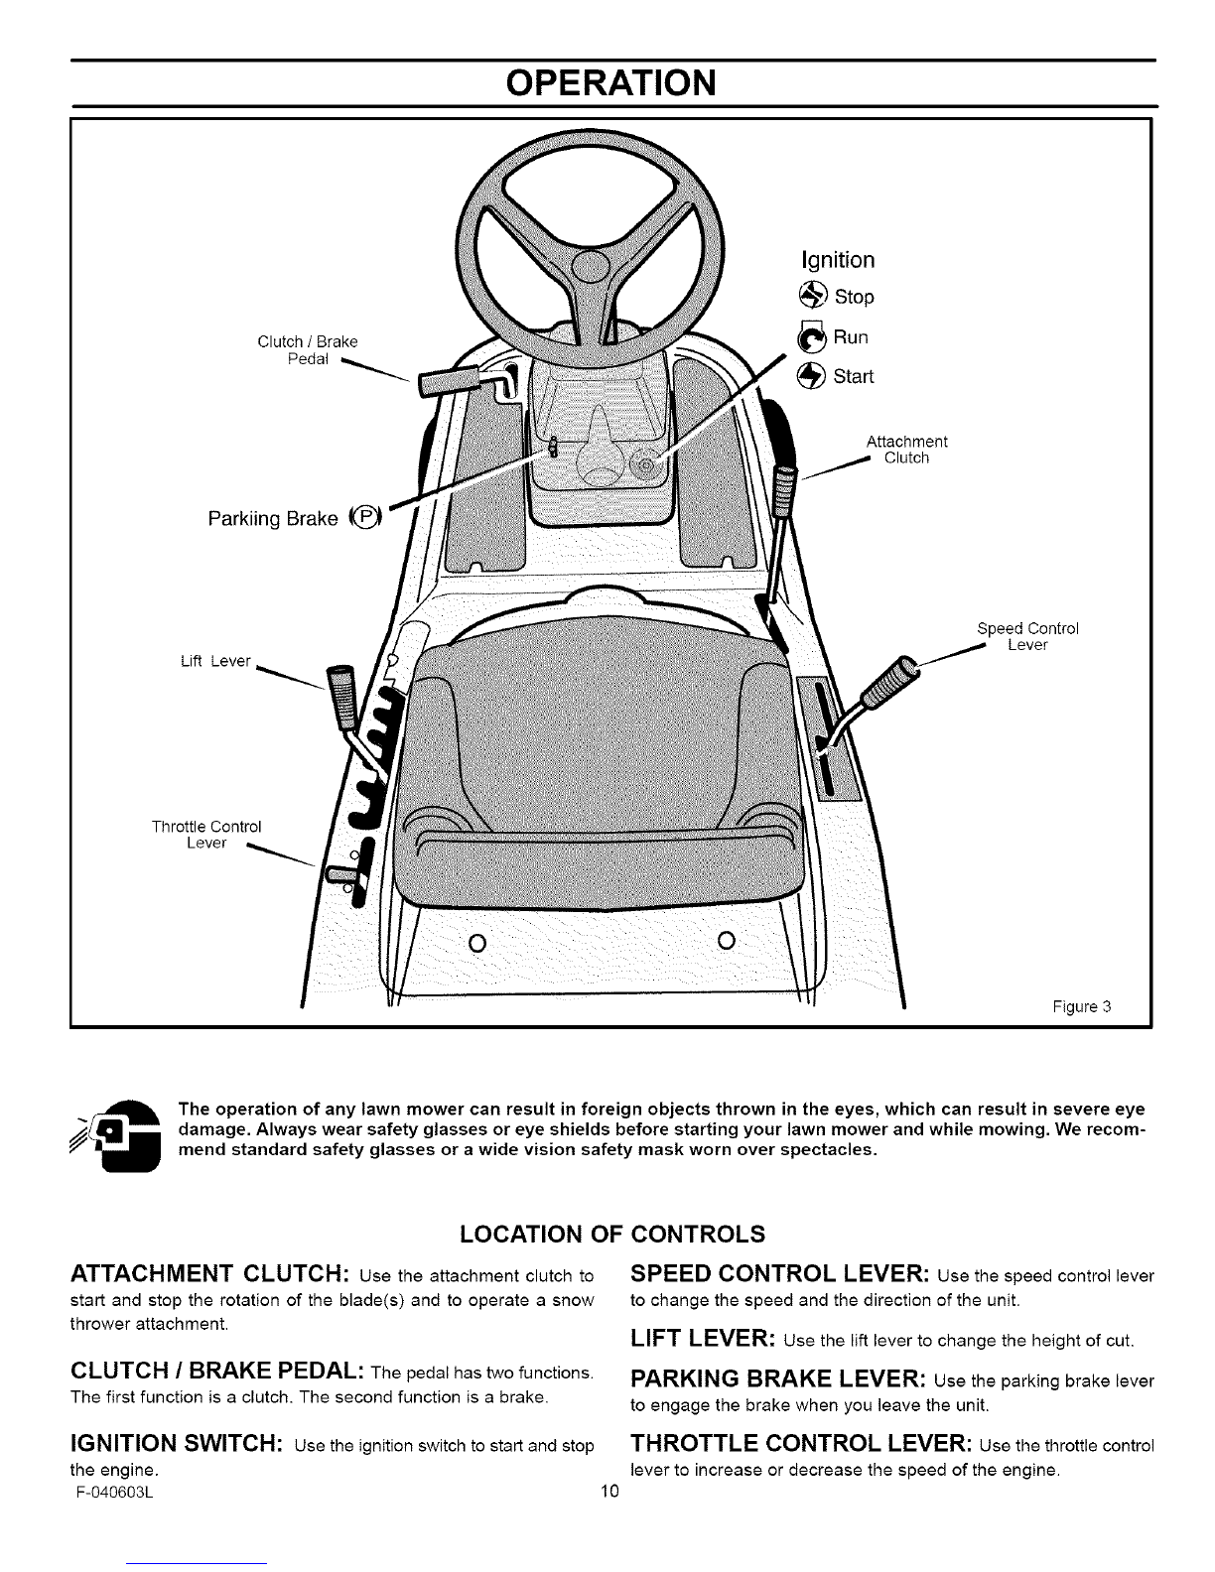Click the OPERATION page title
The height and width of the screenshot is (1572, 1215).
610,82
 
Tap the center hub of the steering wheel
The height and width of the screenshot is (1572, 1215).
591,267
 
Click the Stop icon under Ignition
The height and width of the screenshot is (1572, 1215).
812,295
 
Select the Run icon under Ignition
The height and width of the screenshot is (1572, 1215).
810,336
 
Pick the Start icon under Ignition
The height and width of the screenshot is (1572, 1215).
810,376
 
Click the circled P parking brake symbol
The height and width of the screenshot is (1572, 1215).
365,517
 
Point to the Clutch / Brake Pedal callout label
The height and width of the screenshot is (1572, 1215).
308,350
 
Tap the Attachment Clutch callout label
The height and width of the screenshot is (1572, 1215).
906,450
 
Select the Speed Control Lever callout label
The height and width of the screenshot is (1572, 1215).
1027,636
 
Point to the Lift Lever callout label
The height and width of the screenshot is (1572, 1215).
215,661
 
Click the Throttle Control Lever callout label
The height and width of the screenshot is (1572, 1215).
206,834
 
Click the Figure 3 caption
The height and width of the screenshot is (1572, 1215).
1081,1006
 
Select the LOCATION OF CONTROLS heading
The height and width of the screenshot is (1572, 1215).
612,1234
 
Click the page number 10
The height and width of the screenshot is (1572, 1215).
609,1491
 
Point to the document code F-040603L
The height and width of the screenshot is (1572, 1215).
114,1492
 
